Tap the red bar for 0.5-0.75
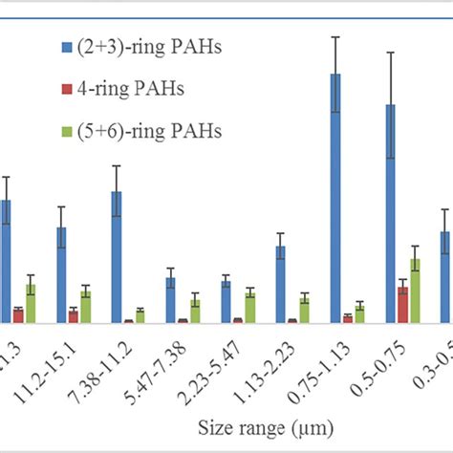[403, 305]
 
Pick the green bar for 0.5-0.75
[415, 291]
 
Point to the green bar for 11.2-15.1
[86, 307]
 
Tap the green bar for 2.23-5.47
[250, 308]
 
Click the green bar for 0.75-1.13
[360, 313]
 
